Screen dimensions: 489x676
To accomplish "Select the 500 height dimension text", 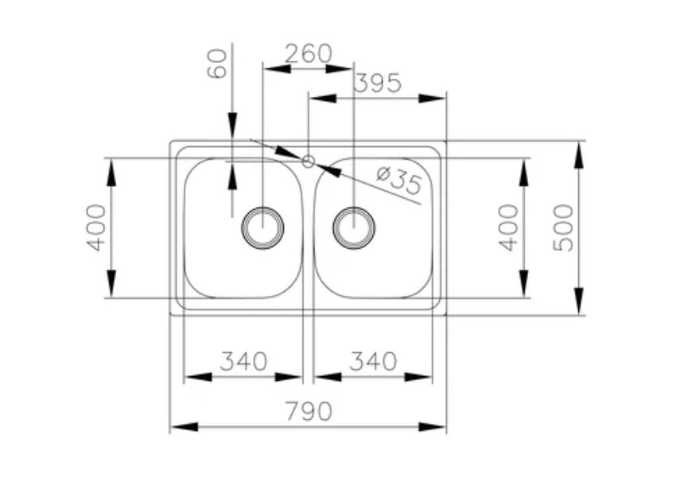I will coord(563,227).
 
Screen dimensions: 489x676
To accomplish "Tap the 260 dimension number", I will coord(308,53).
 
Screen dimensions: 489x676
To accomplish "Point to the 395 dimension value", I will coord(377,83).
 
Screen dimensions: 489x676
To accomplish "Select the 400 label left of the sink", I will coord(96,227).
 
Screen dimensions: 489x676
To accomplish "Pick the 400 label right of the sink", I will coord(509,227).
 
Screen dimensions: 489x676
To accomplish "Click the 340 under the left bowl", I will coord(243,362).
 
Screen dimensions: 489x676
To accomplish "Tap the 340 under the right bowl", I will coord(373,362).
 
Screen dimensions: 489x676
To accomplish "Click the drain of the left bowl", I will coord(262,227).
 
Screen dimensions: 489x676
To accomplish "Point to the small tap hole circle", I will coord(309,161).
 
